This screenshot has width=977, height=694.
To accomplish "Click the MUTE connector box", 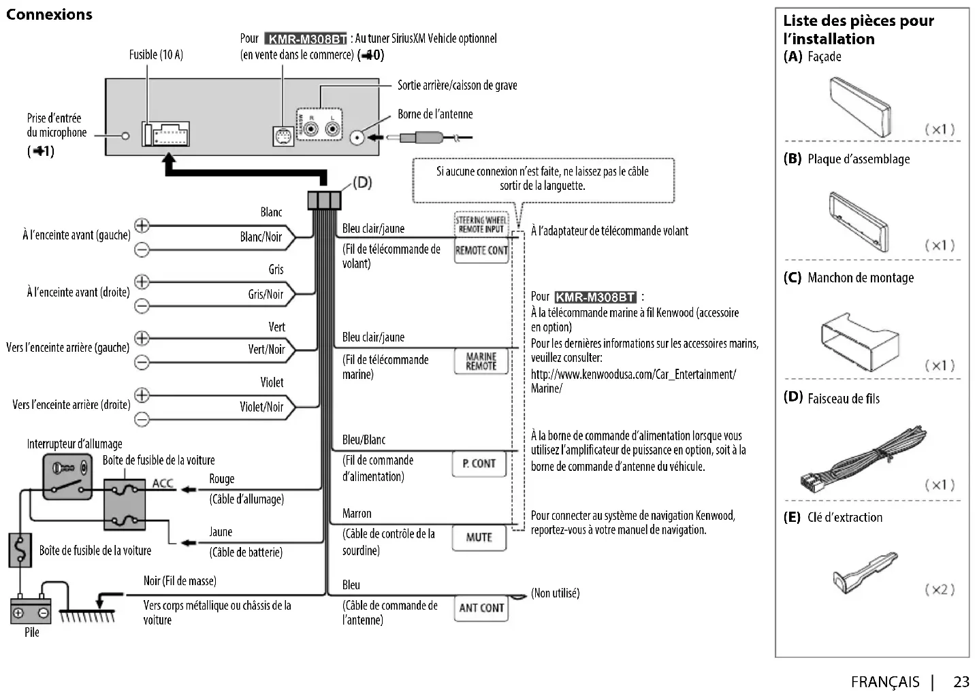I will (x=479, y=538).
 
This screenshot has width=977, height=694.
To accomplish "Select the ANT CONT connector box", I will (x=481, y=608).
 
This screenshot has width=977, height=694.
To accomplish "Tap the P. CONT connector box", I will (x=479, y=463).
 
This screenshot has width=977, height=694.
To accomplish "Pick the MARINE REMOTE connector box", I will (x=481, y=361).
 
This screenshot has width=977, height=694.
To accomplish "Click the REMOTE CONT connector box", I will (x=481, y=250).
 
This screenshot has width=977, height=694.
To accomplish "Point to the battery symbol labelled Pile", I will (x=31, y=610).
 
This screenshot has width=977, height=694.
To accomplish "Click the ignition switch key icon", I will (x=67, y=469).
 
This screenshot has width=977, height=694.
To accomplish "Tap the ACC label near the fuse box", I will (x=163, y=483).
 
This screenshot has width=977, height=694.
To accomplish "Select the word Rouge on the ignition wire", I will (x=221, y=479).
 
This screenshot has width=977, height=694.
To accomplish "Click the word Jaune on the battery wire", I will (x=221, y=532).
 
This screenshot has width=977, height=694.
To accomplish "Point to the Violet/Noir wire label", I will (x=261, y=407).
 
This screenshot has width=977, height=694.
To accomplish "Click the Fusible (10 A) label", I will (x=156, y=54).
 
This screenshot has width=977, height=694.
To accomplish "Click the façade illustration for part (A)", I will (x=859, y=107).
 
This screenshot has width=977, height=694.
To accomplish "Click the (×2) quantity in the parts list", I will (x=940, y=589).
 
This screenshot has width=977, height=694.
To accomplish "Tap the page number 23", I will (x=961, y=682).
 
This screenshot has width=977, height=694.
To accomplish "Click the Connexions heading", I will (x=49, y=14).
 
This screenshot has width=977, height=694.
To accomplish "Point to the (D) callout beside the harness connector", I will (x=362, y=183).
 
